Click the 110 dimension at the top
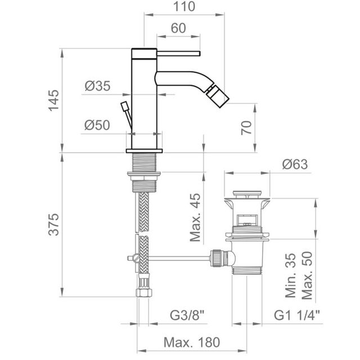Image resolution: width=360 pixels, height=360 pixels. (183, 7)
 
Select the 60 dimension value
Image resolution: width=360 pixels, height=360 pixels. (178, 28)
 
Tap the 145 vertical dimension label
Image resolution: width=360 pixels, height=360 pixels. (53, 101)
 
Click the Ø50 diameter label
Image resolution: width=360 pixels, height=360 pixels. (97, 125)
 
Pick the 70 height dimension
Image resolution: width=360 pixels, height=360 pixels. (246, 128)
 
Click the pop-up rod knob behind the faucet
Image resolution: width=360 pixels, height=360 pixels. (125, 107)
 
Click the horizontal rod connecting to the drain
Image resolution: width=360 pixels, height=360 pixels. (174, 258)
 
